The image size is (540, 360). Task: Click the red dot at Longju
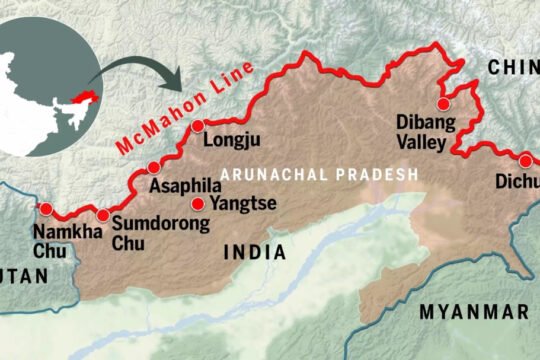coord(198,126)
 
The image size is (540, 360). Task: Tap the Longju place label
coord(231,141)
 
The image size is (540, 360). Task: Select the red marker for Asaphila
coord(153,167)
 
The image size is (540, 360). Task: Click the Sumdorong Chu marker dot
coord(102,215)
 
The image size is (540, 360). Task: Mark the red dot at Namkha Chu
coord(45,208)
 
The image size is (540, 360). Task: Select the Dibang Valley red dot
coord(441,103)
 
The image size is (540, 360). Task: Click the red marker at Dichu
coord(524,160)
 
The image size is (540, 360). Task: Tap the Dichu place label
coord(516,182)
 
